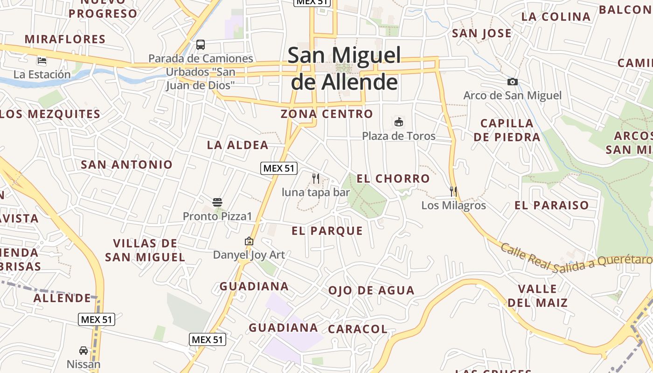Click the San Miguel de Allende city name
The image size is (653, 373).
pos(344,69)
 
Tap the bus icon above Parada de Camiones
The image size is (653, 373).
pos(201,45)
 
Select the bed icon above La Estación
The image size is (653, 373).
pos(42,60)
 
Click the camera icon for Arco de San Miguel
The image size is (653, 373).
pos(513,82)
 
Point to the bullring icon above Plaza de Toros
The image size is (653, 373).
pos(399,122)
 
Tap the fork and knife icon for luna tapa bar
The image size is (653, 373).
pos(316,178)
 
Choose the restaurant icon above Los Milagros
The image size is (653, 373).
pos(453,191)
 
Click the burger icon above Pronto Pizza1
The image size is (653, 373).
pos(217,202)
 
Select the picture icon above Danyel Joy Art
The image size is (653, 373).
pos(249,241)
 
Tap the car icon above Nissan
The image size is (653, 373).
pos(83,350)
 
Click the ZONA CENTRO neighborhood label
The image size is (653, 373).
pos(327,114)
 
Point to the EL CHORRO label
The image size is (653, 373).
pos(393,179)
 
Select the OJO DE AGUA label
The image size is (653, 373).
pos(371,290)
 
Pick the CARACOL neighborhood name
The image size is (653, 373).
pos(358,329)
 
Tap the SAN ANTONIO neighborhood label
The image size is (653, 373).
pos(127,164)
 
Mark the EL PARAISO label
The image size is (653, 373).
pos(552,205)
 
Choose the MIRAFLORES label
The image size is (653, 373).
pos(65,39)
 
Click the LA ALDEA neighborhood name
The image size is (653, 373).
pos(238,145)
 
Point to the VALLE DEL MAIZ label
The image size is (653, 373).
pos(538,296)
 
